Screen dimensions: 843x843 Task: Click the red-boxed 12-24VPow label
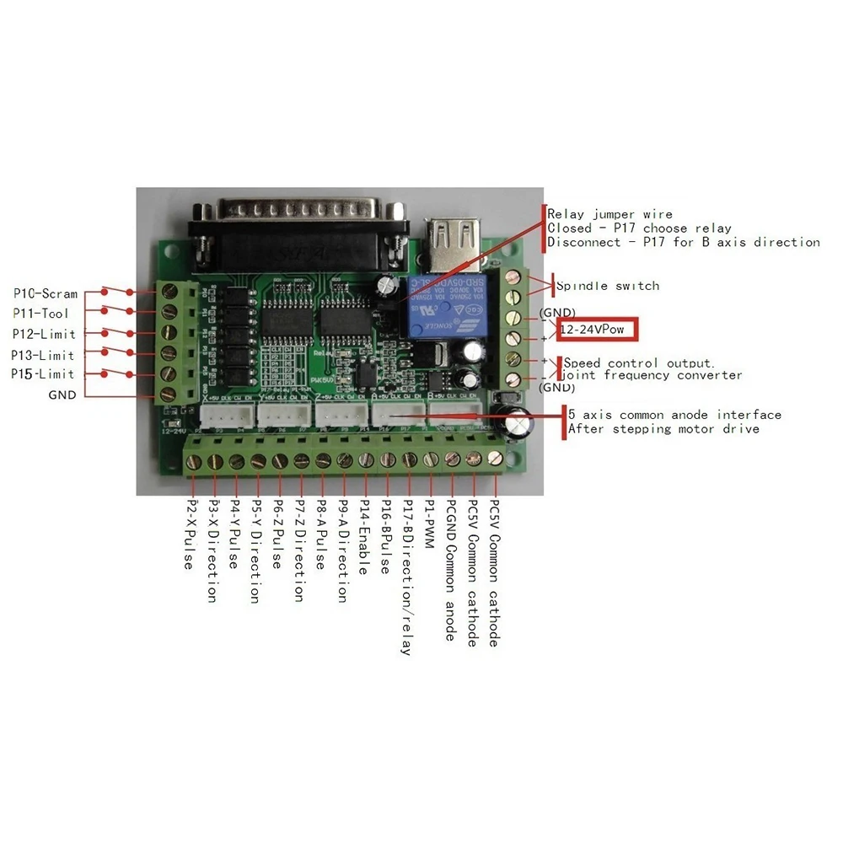[594, 329]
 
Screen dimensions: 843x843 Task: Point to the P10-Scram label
[46, 294]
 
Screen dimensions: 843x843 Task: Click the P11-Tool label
[46, 314]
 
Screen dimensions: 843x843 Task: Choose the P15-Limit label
[43, 373]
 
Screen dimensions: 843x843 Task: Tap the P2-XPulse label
[191, 536]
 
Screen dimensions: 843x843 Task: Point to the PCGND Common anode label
[450, 570]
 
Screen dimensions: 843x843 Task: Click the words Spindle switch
[608, 286]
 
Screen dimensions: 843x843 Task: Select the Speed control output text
[641, 363]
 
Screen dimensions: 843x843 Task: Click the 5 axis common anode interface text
[674, 415]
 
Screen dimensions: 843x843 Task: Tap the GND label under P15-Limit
[62, 395]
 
